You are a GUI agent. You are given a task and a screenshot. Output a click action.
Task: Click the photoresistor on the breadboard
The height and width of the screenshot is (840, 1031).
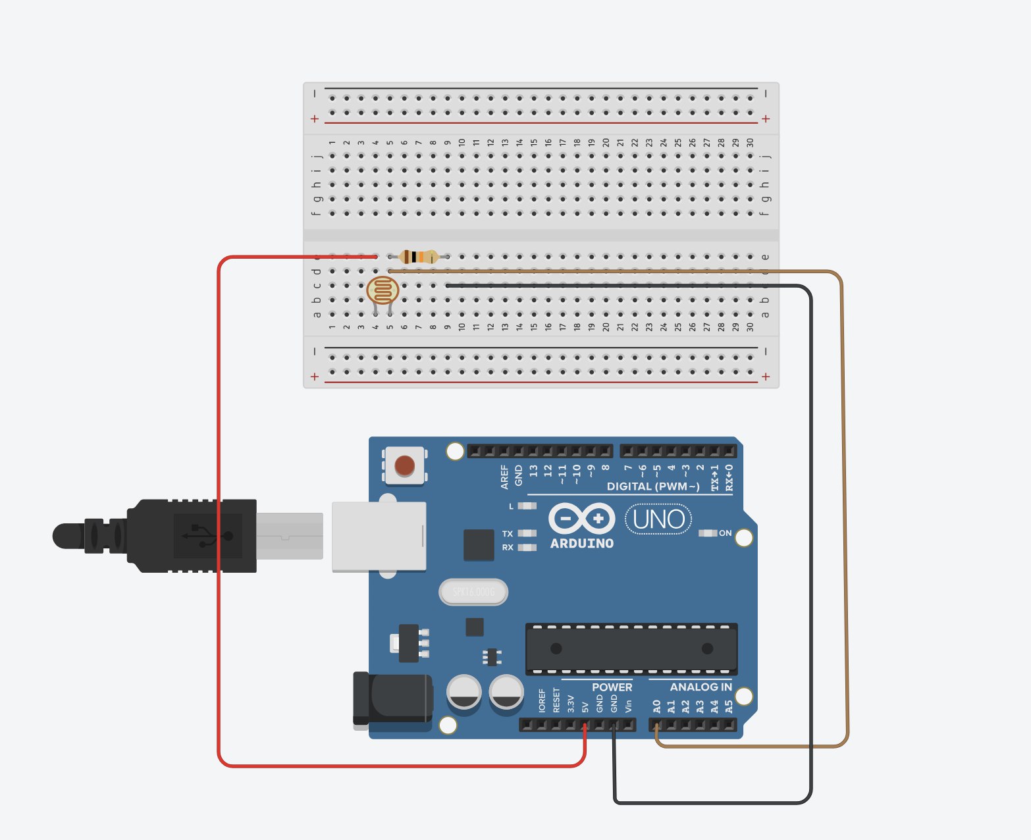click(x=383, y=290)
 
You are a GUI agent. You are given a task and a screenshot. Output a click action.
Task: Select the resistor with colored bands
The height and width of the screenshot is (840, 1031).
click(x=419, y=257)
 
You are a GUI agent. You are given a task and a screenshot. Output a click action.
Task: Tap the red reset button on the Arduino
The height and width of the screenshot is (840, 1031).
click(x=404, y=465)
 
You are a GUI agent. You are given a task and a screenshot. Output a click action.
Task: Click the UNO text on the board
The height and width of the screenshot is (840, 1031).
click(x=658, y=520)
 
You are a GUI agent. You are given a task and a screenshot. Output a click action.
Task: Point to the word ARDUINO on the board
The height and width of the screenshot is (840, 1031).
click(x=582, y=544)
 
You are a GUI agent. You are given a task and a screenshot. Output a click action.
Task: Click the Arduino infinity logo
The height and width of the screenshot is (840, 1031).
click(x=582, y=519)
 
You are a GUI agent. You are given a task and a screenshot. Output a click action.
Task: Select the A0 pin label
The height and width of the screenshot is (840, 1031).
click(x=656, y=706)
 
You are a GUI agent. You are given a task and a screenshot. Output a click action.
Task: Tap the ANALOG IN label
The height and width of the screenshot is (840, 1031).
click(x=701, y=687)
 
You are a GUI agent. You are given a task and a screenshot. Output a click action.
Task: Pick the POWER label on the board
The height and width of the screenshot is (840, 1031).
click(x=612, y=687)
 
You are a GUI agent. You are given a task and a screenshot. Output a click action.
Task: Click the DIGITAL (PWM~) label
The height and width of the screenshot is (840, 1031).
click(x=653, y=486)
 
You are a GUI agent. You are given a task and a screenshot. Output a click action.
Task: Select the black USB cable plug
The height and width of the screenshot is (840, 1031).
click(x=191, y=535)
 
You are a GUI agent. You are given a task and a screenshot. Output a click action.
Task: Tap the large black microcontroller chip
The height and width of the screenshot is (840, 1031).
click(x=631, y=649)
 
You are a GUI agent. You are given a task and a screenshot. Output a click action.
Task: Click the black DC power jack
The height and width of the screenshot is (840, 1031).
click(x=392, y=700)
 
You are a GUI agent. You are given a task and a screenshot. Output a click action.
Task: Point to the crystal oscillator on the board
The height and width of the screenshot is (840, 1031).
click(x=473, y=592)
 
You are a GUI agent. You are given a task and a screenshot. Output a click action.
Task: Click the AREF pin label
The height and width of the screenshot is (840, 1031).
click(x=505, y=476)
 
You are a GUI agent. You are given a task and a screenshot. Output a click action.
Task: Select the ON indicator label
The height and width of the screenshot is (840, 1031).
click(x=725, y=533)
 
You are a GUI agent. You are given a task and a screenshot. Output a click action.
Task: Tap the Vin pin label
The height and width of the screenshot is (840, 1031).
click(x=628, y=706)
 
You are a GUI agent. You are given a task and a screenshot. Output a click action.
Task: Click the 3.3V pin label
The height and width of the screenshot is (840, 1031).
click(x=571, y=704)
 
